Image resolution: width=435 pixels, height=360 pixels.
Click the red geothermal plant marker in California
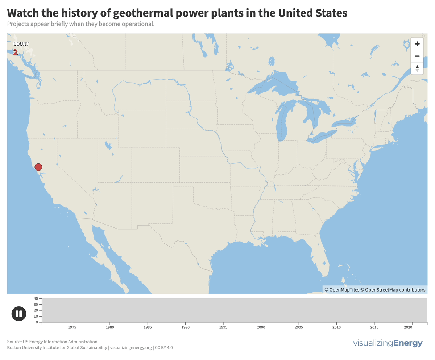[x=38, y=167]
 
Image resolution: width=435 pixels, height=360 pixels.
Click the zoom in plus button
[x=417, y=44]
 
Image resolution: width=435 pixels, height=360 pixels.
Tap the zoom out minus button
[x=417, y=56]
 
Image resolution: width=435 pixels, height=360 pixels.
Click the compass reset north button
[x=417, y=68]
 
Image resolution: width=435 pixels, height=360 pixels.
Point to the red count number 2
[x=16, y=53]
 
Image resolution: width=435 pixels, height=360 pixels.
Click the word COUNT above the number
[x=21, y=44]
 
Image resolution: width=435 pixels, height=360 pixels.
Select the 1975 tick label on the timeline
[x=72, y=327]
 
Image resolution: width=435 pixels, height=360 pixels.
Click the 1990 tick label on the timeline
[x=186, y=327]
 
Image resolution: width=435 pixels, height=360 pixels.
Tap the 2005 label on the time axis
[x=299, y=327]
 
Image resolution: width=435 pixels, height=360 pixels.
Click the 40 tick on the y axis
[x=36, y=298]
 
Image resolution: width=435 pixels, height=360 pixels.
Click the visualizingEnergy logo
[x=388, y=343]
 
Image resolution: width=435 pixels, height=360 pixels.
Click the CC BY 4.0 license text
[x=164, y=348]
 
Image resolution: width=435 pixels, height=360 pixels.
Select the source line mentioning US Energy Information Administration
[x=52, y=342]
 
